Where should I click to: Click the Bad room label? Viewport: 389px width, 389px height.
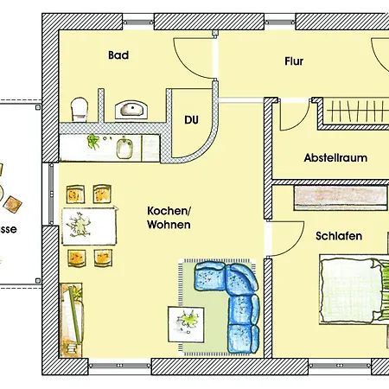pyautogui.click(x=118, y=55)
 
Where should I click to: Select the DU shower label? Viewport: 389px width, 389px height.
pyautogui.click(x=191, y=120)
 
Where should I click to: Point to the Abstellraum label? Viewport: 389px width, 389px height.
pyautogui.click(x=335, y=158)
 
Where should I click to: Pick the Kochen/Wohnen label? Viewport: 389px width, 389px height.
pyautogui.click(x=169, y=218)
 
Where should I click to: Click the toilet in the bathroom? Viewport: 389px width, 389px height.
pyautogui.click(x=80, y=108)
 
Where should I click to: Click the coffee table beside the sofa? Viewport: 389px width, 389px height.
pyautogui.click(x=186, y=325)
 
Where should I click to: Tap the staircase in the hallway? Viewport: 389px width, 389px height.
pyautogui.click(x=355, y=113)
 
